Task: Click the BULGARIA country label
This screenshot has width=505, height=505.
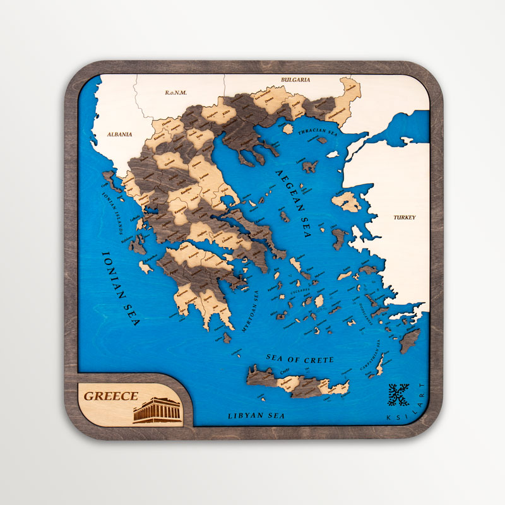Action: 296,80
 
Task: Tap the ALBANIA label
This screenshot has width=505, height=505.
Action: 119,134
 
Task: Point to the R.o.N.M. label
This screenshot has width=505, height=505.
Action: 175,93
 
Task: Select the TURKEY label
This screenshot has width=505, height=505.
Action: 405,217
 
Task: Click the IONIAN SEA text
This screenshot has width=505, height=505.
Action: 119,287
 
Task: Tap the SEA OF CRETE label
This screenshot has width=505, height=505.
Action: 299,359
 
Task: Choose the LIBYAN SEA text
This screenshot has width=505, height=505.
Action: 256,416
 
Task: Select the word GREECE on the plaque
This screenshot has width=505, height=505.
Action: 111,396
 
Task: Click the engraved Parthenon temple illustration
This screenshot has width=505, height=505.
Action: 157,410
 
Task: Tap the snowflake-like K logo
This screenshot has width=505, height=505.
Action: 399,396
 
